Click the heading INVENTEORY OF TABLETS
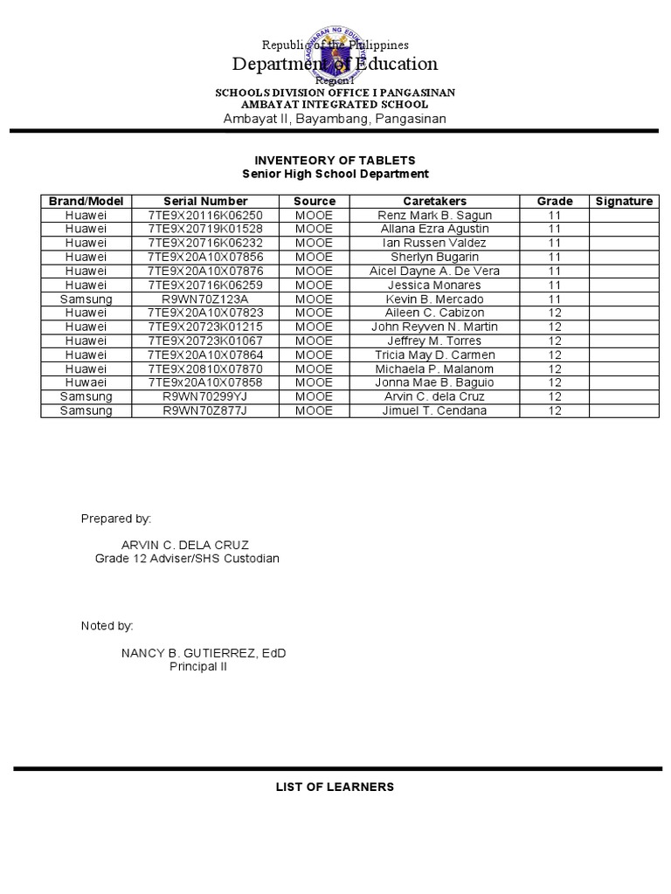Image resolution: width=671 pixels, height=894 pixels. [335, 161]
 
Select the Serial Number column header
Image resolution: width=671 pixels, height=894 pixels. [205, 201]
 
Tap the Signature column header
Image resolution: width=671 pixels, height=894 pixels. [624, 201]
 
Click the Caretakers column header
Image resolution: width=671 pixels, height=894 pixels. [434, 201]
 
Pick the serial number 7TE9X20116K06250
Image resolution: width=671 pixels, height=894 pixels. [205, 215]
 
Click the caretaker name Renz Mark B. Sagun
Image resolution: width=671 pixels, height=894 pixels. [434, 215]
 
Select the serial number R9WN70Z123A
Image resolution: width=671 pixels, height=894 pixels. [205, 299]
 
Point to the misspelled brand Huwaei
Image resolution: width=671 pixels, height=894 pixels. [86, 382]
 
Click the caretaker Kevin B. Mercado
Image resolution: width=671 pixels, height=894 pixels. [434, 299]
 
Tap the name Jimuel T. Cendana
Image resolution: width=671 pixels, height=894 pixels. [434, 410]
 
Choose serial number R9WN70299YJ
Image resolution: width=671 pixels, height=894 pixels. [205, 396]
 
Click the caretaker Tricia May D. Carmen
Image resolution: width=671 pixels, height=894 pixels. [434, 354]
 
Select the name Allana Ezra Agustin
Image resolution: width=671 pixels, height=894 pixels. [434, 229]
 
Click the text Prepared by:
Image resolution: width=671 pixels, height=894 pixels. [116, 519]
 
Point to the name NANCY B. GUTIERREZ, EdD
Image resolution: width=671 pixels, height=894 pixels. [204, 653]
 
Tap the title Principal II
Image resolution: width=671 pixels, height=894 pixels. [197, 666]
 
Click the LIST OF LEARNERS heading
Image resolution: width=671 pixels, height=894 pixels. [335, 787]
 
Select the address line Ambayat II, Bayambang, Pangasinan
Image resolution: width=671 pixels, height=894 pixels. [335, 119]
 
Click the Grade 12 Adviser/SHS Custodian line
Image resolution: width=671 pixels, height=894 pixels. [187, 559]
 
